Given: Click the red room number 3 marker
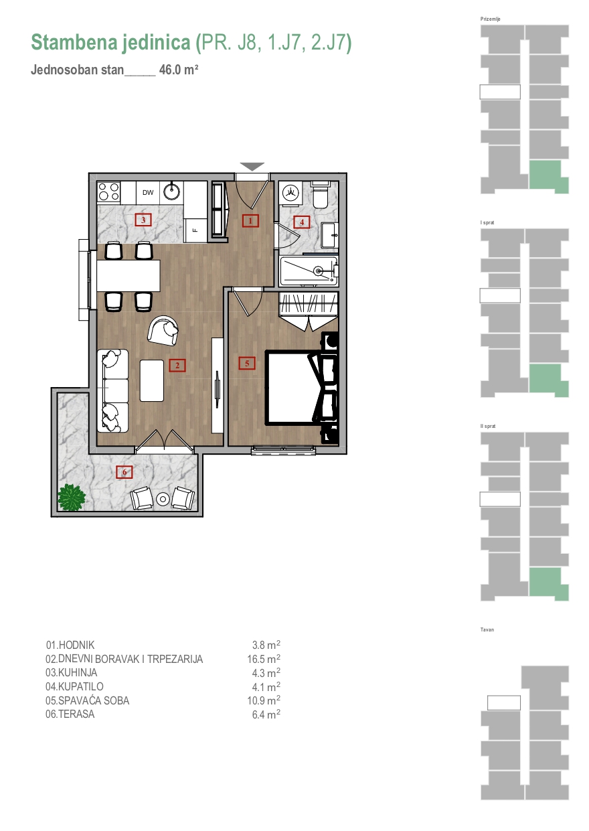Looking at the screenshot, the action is point(143,220).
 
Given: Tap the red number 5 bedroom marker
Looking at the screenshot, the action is point(247,363).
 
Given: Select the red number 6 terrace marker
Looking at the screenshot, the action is point(124,472).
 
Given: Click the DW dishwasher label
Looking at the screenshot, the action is point(148,193).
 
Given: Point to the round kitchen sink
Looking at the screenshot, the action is point(172,192).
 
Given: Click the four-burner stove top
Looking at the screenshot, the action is point(108,192).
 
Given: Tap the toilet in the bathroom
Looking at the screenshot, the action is point(320,194).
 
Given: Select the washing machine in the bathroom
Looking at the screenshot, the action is point(290,192).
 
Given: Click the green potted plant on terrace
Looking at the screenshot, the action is point(71,498).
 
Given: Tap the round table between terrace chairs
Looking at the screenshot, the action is point(163,499).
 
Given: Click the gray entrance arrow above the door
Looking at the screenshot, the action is point(252,166).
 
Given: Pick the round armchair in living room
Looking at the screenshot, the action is point(163,331).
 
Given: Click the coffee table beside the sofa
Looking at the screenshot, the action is point(152,380).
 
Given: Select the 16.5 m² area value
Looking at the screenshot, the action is point(264,659).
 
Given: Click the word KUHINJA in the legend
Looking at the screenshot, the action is point(78,672).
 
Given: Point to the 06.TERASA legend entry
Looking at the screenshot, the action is point(70,714).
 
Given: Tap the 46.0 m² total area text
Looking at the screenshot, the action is point(179,70).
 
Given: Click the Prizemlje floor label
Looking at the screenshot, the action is point(490,19).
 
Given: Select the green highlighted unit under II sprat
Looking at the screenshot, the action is point(549,583).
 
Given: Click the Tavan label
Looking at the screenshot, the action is point(487,629).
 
